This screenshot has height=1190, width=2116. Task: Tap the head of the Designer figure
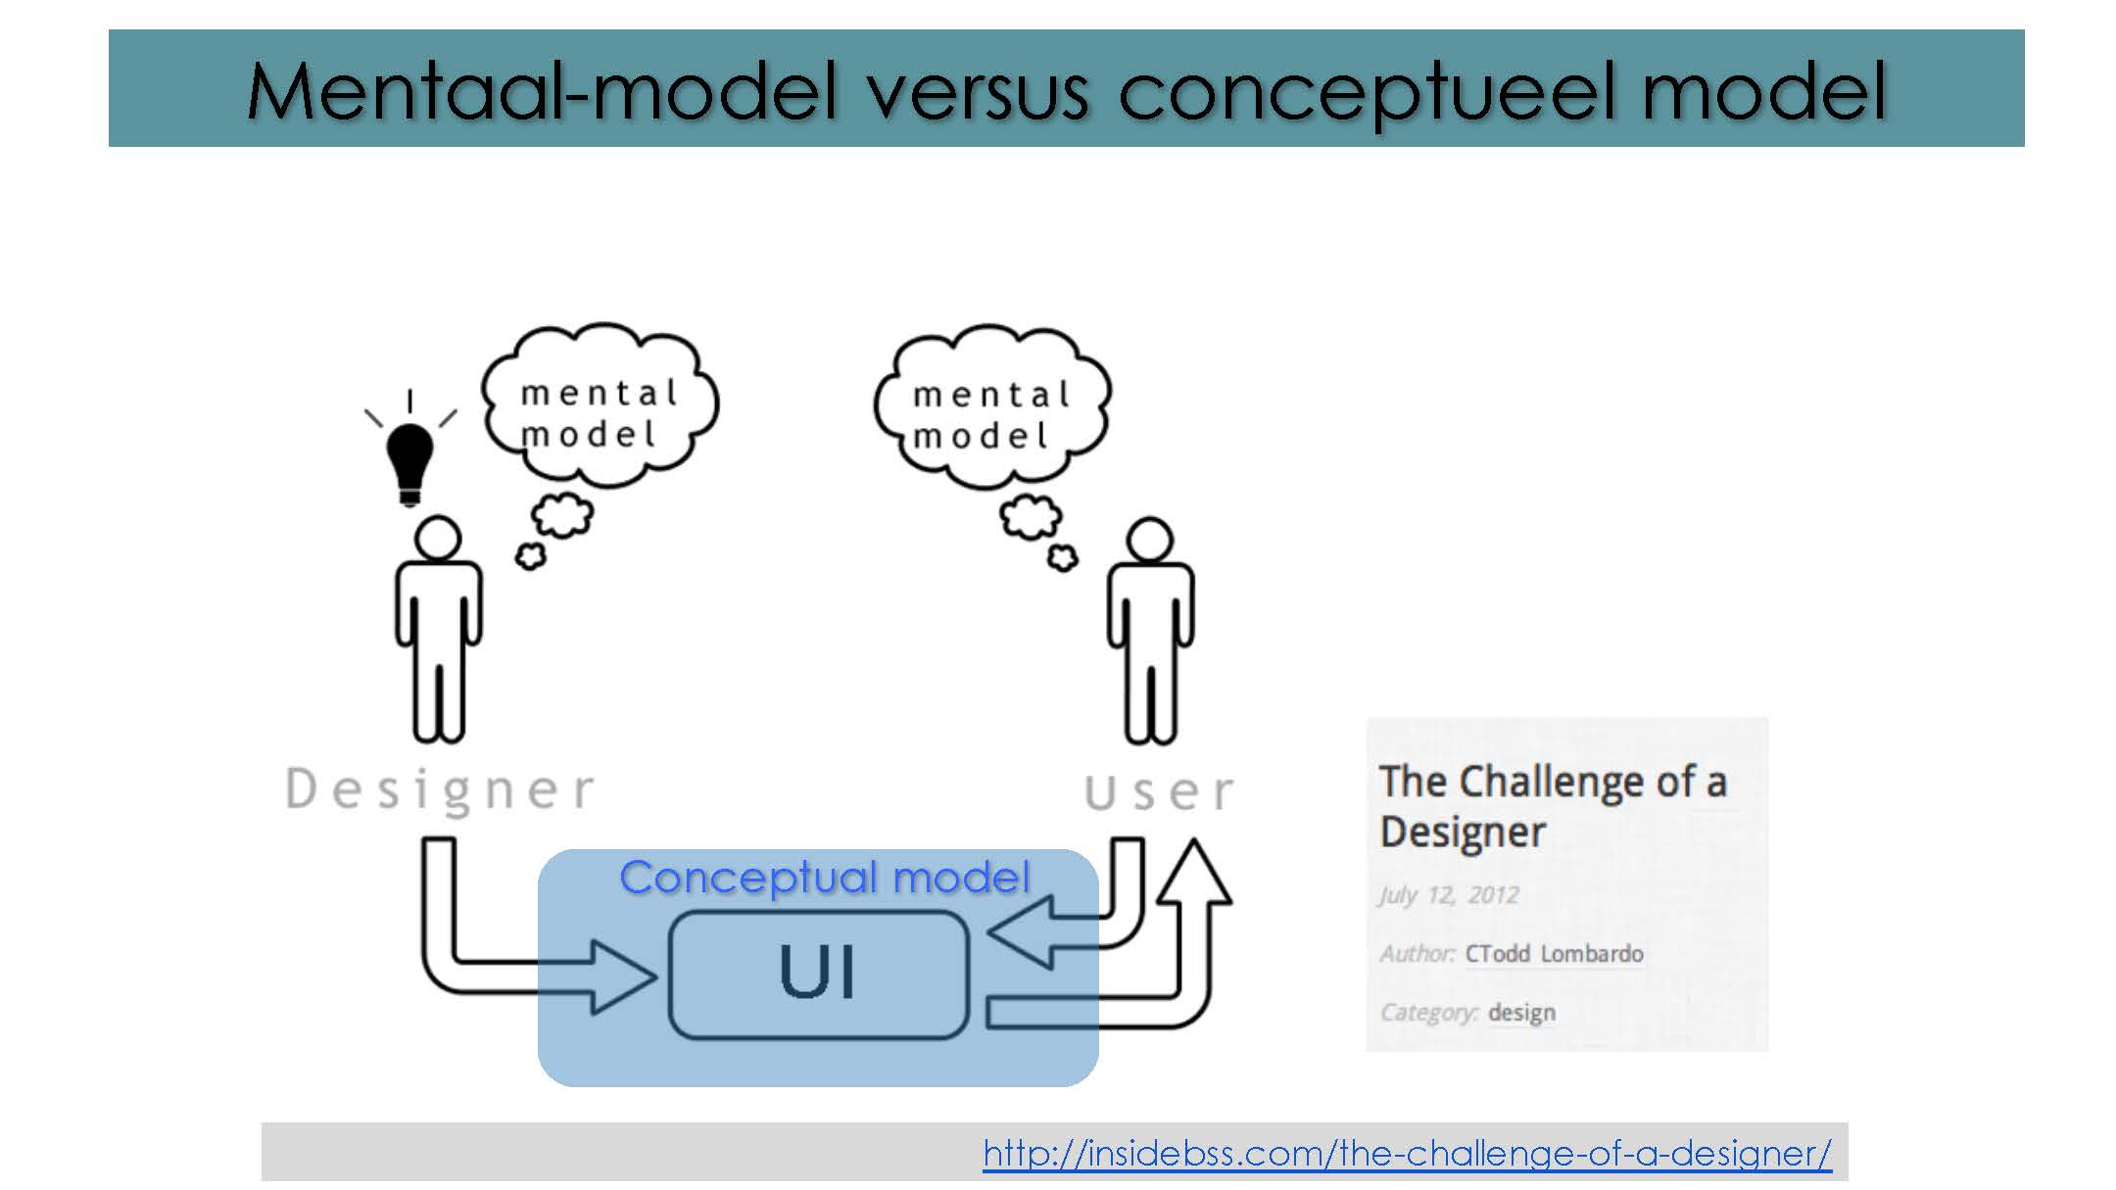coord(437,539)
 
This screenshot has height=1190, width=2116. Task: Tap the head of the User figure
coord(1149,540)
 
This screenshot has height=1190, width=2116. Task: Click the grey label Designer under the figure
coord(440,789)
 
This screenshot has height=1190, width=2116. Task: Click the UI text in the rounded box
coord(818,973)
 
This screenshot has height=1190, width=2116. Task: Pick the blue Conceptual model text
coord(825,877)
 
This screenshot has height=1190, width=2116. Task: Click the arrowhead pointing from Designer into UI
coord(623,976)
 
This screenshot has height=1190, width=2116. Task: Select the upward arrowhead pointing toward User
coord(1194,871)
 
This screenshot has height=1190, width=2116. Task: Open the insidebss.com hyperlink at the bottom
coord(1407,1153)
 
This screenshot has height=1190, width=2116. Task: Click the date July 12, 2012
coord(1449,895)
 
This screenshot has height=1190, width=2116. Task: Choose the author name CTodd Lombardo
coord(1554,954)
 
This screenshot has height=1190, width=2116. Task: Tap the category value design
coord(1521,1013)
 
